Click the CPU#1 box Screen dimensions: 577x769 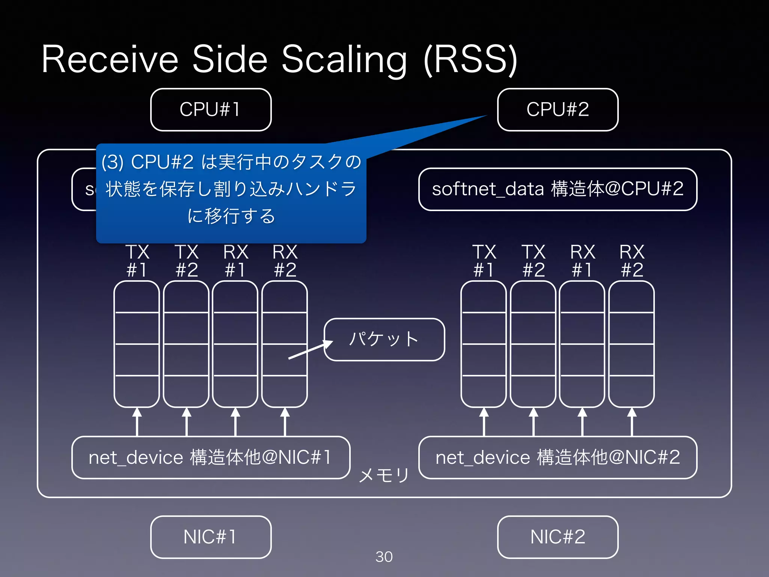[211, 110]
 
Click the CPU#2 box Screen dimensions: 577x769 [558, 110]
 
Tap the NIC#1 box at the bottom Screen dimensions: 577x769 [211, 537]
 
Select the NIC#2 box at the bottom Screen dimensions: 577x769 [558, 537]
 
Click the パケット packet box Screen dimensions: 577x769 [384, 340]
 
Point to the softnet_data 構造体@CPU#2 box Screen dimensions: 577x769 [558, 189]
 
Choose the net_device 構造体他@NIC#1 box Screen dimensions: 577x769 [211, 458]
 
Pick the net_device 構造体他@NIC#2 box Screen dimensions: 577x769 [558, 458]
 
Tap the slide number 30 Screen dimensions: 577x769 [384, 557]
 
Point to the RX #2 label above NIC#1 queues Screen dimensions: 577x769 [285, 261]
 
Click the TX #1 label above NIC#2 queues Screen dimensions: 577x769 [484, 261]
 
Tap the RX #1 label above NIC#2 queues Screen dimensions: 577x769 [582, 261]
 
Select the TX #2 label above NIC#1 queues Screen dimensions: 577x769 [187, 261]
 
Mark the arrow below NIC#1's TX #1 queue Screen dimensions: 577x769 [137, 422]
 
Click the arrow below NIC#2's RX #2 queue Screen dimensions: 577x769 [632, 422]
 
